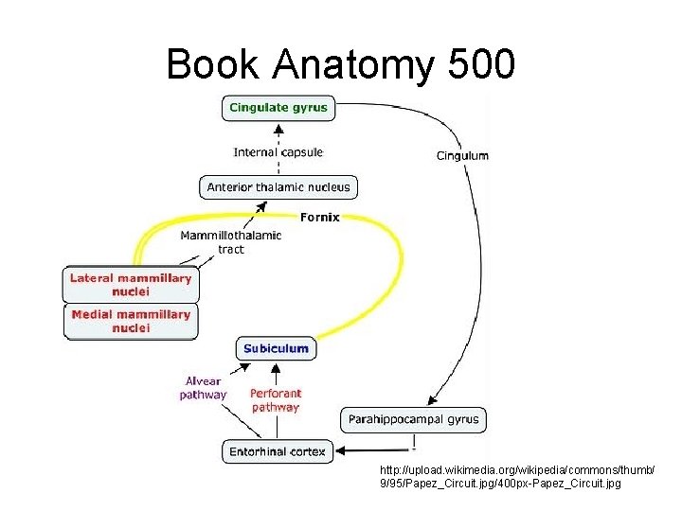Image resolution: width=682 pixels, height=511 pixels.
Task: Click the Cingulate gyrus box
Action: pos(278,108)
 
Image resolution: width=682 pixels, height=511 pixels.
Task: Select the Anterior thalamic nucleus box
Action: pos(278,186)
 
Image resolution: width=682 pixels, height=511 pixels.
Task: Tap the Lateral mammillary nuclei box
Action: pos(131,285)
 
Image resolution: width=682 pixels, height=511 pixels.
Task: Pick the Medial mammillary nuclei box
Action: pos(131,321)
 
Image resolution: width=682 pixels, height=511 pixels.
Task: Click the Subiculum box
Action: pos(276,348)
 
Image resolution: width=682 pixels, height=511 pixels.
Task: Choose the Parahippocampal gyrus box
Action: pos(414,418)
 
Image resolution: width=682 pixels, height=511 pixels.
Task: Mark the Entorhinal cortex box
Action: pos(277,451)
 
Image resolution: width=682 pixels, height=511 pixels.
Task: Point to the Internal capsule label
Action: pos(278,151)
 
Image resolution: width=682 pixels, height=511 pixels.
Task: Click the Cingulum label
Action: pos(462,155)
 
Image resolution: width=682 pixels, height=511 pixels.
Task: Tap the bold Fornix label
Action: pos(319,217)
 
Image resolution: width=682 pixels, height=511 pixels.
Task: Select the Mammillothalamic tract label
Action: pos(231,242)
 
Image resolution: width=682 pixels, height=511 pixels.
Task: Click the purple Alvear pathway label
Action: pos(204,388)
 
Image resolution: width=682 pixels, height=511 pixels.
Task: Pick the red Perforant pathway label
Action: pos(276,400)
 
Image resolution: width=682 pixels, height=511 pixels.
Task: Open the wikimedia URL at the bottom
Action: pos(517,477)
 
